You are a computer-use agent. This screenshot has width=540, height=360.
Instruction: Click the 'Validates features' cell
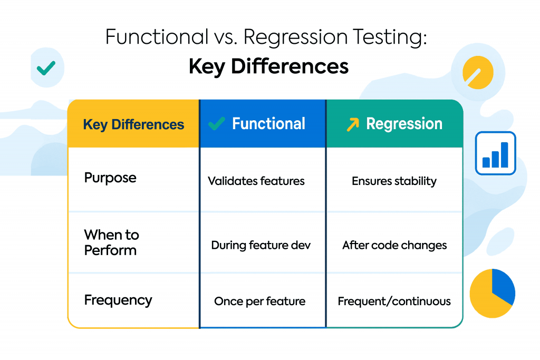coord(256,181)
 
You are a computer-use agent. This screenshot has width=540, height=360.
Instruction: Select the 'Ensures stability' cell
coord(394,181)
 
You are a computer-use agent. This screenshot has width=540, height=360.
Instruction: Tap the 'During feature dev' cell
coord(261,245)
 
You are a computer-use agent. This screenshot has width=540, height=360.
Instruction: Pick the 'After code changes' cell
coord(394,245)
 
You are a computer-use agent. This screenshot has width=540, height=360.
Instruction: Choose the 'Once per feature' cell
coord(259,301)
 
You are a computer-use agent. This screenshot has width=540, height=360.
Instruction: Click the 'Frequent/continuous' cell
coord(394,301)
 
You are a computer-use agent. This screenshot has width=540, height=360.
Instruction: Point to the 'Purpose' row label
coord(110,178)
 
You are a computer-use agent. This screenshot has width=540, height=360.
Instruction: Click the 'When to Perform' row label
coord(111,242)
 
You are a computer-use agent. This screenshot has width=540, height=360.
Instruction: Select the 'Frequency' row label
coord(118,300)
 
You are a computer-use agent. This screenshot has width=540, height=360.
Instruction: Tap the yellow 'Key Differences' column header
coord(133,125)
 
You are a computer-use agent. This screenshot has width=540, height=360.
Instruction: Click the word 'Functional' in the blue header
coord(268,124)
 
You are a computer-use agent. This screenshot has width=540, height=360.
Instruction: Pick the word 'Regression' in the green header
coord(404,124)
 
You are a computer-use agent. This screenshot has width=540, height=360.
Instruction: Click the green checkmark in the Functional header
coord(217,124)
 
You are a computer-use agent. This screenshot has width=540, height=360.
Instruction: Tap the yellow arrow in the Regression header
coord(352,124)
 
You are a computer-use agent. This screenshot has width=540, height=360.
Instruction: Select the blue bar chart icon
coord(495,153)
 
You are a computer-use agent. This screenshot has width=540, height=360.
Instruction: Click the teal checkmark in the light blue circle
coord(46,67)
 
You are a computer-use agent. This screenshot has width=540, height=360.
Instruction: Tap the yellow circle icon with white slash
coord(478,72)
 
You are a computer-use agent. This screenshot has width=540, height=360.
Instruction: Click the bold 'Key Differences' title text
coord(268,67)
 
